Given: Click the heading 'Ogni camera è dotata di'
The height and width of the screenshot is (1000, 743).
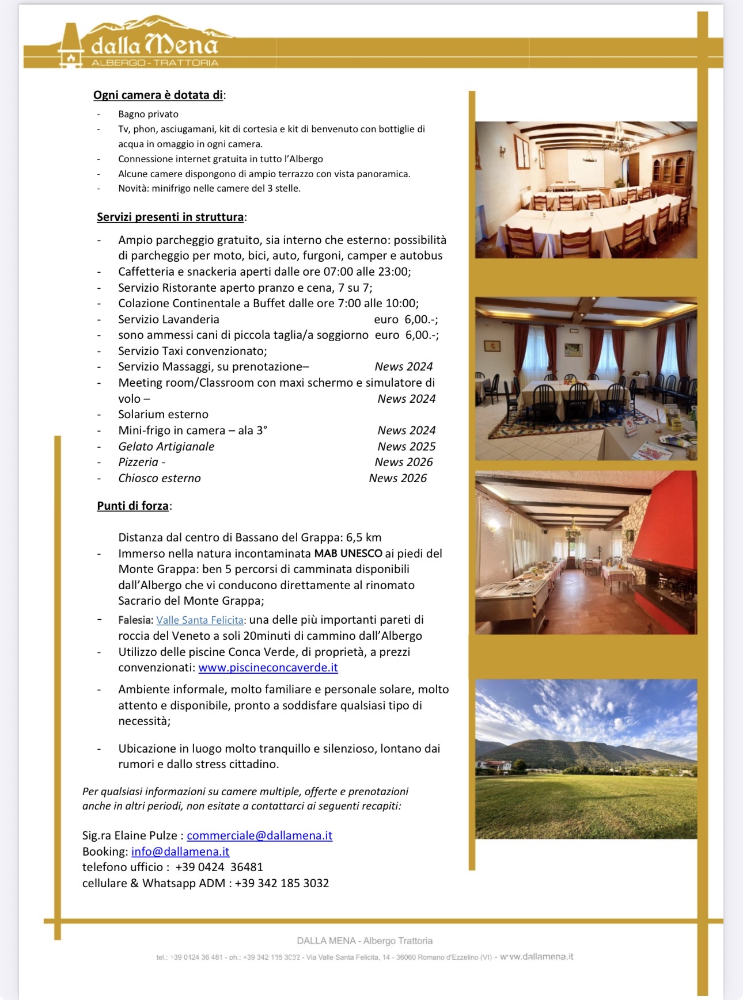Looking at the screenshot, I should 158,95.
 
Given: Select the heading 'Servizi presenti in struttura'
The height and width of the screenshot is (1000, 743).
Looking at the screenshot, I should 170,217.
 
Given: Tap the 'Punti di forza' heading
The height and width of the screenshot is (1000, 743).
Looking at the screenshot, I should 132,506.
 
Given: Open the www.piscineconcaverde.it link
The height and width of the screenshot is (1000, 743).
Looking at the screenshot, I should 268,667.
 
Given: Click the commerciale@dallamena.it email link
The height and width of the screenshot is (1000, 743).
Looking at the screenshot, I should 259,835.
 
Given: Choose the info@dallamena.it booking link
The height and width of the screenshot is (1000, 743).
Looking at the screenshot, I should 180,852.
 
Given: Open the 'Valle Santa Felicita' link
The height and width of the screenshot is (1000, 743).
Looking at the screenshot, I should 200,620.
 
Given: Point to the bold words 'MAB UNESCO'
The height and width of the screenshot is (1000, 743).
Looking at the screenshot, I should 348,554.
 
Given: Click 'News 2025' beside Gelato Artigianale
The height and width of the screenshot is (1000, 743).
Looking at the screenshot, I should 406,446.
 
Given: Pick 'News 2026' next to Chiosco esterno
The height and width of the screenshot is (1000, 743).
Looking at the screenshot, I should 397,478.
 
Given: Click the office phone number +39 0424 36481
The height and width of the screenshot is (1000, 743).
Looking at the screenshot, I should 219,867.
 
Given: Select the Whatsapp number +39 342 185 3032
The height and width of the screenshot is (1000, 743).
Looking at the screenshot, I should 282,883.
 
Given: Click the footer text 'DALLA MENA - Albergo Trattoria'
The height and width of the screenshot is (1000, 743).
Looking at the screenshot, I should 365,941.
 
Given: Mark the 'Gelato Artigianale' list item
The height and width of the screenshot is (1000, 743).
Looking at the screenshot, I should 166,446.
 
